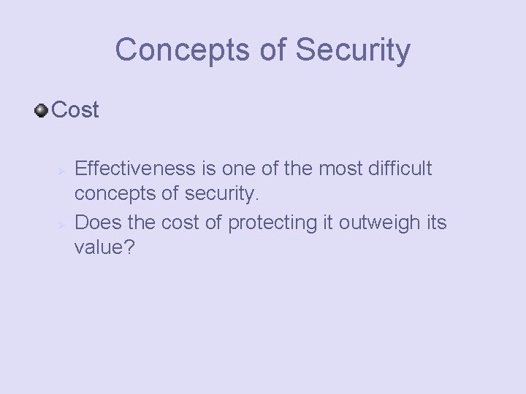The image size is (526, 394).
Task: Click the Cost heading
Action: point(76,111)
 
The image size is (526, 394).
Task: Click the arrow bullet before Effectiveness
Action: point(63,171)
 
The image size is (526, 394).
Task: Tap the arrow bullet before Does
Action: point(63,223)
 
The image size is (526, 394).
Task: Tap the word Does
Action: point(97,222)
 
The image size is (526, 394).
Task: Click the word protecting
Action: point(270,222)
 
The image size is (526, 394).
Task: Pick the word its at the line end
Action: point(434,222)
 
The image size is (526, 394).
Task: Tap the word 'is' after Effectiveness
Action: point(208,169)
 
